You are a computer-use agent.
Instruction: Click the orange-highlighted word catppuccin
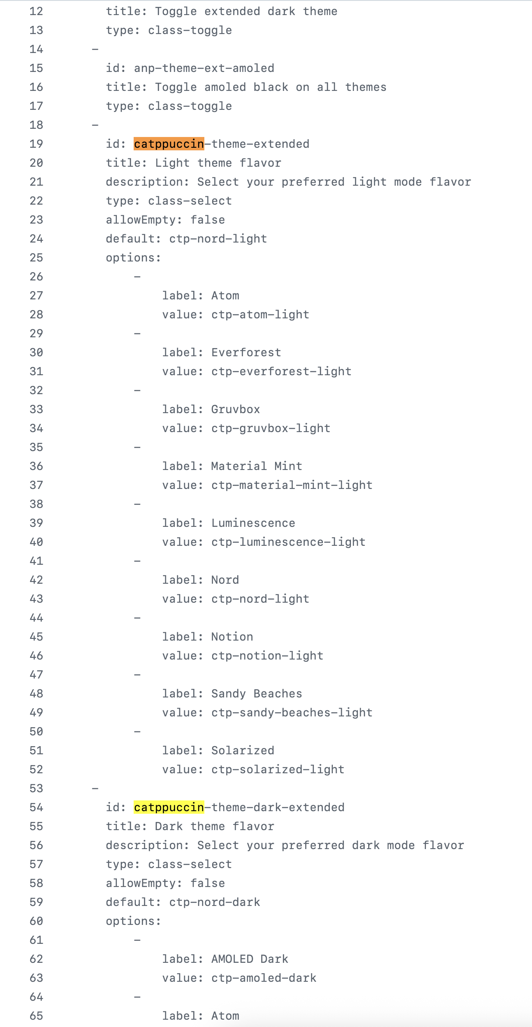[169, 144]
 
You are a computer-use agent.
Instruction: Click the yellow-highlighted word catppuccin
[169, 807]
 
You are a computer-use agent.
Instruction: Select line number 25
[36, 258]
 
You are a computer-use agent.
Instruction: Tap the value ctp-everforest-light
[282, 371]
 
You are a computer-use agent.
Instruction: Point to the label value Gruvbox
[236, 409]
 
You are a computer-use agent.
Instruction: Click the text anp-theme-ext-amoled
[204, 68]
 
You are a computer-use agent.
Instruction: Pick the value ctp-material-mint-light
[292, 485]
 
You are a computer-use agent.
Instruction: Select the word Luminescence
[253, 523]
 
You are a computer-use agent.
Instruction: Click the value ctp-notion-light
[267, 656]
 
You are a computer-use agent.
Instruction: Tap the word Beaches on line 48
[278, 694]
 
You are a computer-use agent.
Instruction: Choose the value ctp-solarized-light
[278, 769]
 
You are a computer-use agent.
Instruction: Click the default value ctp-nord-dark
[215, 902]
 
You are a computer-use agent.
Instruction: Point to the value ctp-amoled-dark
[264, 978]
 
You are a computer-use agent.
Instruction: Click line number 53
[36, 788]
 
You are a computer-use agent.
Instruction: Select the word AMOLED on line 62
[232, 959]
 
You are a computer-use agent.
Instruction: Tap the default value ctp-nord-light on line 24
[218, 239]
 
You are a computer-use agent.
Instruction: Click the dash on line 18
[95, 125]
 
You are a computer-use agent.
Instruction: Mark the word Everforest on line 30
[246, 352]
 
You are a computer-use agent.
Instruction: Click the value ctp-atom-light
[260, 314]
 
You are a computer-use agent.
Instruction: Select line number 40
[36, 542]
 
